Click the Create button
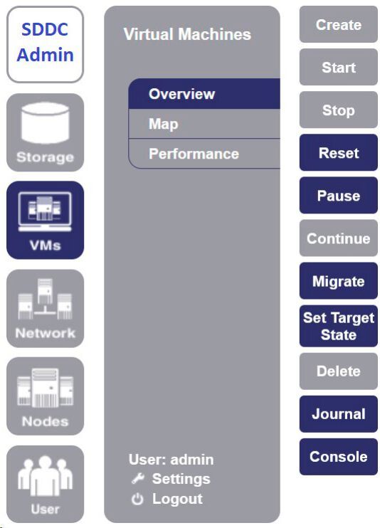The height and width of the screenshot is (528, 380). coord(338,25)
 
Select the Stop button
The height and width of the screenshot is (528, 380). coord(338,110)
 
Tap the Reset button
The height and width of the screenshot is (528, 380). coord(338,153)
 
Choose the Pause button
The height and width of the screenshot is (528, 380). coord(338,196)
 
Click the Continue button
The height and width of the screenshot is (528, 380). coord(338,238)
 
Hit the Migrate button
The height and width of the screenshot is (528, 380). coord(338,281)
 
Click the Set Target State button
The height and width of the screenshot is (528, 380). coord(338,326)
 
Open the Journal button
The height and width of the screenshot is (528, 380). coord(338,414)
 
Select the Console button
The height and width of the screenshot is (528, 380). coord(338,457)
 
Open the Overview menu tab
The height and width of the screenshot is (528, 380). coord(204,94)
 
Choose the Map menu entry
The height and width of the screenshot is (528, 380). coord(204,124)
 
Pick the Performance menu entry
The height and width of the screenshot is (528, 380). coord(204,154)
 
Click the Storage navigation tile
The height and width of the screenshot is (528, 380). coord(46,132)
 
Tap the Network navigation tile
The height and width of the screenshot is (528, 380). coord(46,308)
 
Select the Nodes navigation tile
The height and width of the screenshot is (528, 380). coord(46,396)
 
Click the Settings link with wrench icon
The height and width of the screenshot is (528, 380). coord(171,479)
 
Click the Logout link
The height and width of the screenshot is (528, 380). coord(168,499)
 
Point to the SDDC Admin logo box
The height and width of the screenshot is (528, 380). coord(46,43)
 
